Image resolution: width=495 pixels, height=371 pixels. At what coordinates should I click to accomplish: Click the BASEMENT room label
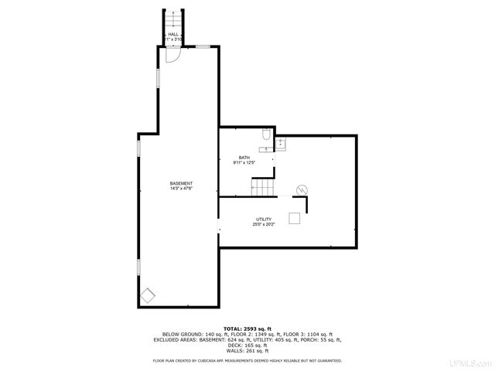[x=181, y=183]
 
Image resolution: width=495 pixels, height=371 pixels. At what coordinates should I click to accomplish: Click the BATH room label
[x=244, y=158]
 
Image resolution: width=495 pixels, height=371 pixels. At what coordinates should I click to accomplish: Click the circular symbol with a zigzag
[x=302, y=189]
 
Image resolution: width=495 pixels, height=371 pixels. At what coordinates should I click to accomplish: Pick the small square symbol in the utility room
[x=295, y=219]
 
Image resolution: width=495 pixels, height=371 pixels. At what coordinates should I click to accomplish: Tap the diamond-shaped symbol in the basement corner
[x=147, y=294]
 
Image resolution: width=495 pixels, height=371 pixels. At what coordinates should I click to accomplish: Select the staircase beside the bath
[x=262, y=187]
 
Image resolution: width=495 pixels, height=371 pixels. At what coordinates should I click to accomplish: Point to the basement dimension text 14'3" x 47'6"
[x=181, y=189]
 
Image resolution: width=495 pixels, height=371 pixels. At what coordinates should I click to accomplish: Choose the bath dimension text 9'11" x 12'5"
[x=244, y=163]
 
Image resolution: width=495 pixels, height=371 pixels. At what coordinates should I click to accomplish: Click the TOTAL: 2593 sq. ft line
[x=247, y=328]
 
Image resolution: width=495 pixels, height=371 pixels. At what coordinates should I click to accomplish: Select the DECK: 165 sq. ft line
[x=247, y=345]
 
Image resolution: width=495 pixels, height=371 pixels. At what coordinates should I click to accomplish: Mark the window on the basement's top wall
[x=203, y=46]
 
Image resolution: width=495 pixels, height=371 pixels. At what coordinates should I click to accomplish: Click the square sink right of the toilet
[x=281, y=142]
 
